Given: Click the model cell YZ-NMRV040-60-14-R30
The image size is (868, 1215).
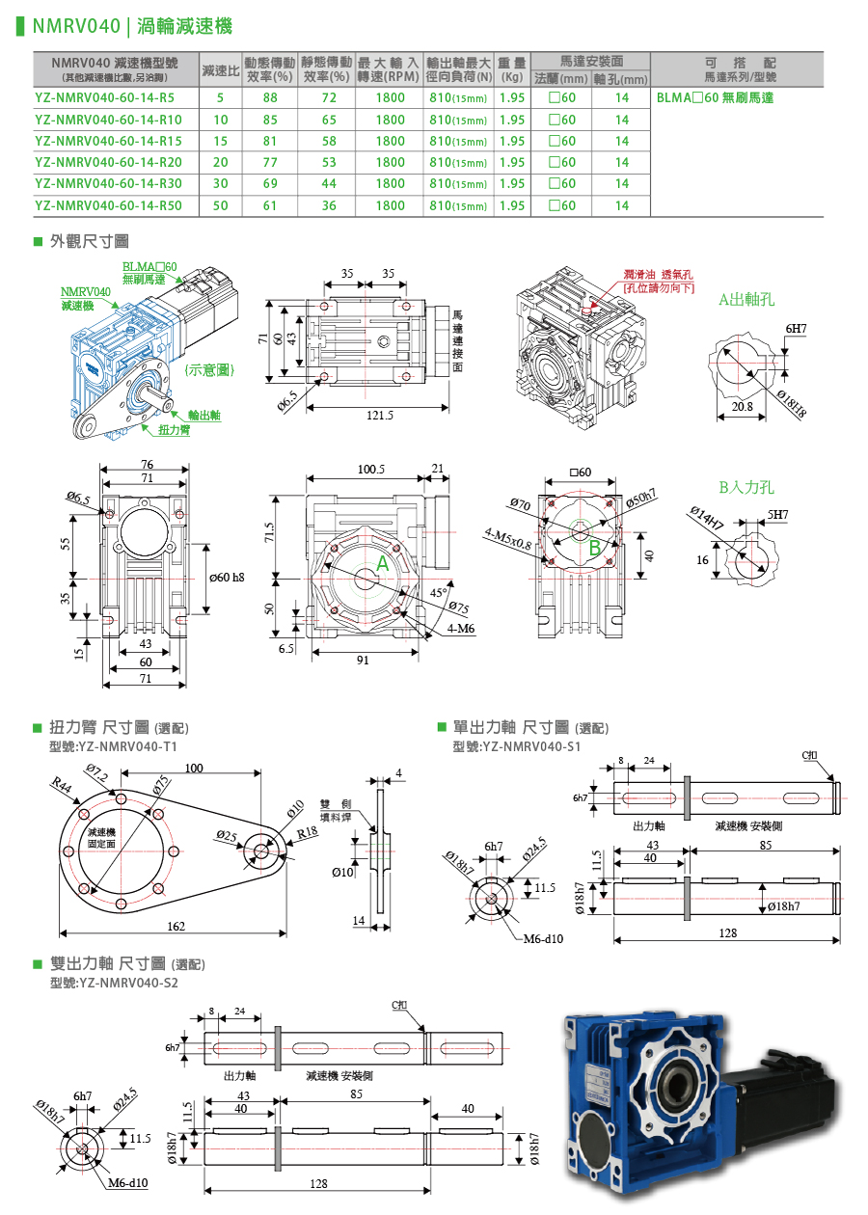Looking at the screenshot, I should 108,183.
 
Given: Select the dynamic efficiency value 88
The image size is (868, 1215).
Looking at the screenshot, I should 270,98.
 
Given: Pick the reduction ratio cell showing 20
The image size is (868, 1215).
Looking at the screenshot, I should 221,162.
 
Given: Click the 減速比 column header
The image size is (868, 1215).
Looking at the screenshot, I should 221,71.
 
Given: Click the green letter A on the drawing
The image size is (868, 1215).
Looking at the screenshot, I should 382,565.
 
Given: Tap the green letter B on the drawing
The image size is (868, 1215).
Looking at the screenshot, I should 595,546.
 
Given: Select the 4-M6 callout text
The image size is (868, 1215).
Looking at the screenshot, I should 462,629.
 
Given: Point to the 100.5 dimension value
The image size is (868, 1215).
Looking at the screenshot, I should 371,470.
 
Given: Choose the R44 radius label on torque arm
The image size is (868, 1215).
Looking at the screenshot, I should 63,787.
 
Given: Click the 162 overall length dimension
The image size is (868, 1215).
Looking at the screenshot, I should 176,926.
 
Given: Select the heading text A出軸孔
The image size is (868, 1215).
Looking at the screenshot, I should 746,300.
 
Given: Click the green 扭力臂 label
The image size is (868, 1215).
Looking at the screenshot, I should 174,430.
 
